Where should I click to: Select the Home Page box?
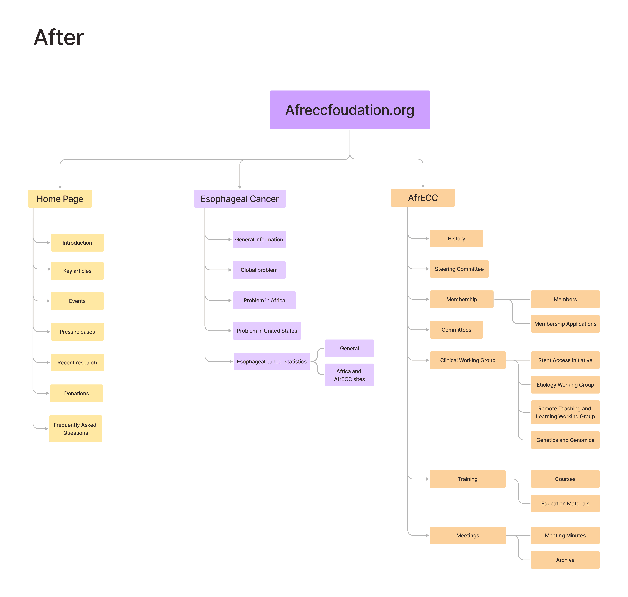(x=60, y=199)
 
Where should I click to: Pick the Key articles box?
(x=77, y=271)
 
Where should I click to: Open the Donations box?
(x=76, y=393)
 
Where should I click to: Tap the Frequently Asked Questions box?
(x=75, y=429)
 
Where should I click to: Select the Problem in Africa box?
(x=264, y=300)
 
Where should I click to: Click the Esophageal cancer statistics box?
(x=272, y=362)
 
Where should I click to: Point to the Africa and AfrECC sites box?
(x=349, y=375)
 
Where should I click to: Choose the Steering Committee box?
(x=459, y=269)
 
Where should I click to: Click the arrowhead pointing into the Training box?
(x=427, y=479)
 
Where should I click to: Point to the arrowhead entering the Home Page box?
(x=60, y=187)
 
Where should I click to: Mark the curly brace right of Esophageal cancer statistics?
(x=317, y=362)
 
